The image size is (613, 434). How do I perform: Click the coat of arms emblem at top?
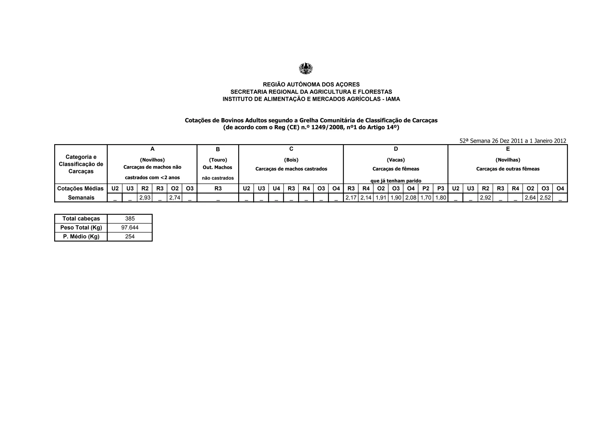point(306,68)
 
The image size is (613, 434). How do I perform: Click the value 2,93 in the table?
point(145,198)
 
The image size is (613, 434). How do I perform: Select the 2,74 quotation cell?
point(175,198)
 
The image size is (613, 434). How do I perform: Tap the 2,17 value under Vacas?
point(351,198)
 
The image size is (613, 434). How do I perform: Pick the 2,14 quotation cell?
point(366,198)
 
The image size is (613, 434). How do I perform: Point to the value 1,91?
point(381,198)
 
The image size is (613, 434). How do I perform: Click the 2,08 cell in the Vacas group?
point(411,198)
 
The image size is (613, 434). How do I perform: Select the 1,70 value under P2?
point(426,198)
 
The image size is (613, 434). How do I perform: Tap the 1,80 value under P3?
point(441,198)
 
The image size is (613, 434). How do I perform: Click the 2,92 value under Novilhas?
point(485,198)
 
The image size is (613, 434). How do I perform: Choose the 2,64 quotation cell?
point(530,198)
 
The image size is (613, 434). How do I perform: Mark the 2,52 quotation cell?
point(545,198)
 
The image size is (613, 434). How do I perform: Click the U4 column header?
point(276,189)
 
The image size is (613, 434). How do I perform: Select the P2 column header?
point(426,189)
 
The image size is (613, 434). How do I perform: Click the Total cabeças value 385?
point(130,218)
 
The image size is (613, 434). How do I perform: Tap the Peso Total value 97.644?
point(130,227)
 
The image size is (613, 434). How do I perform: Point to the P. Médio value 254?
point(130,236)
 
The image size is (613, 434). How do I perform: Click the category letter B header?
point(218,149)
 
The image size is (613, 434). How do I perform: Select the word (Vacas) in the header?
point(396,160)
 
